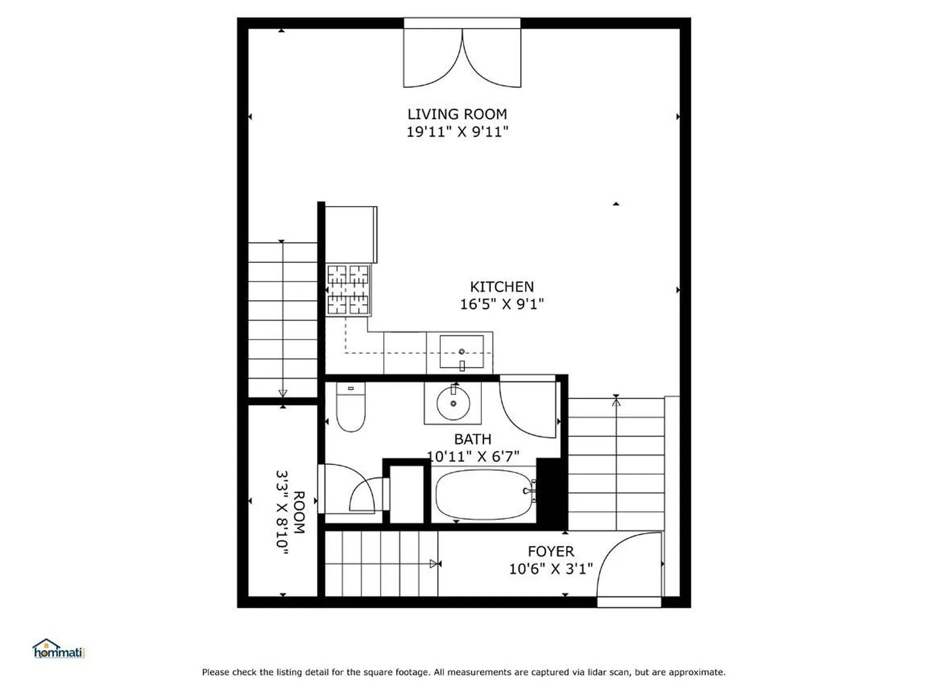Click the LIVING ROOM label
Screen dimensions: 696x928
click(457, 115)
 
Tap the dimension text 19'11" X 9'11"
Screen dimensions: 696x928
click(457, 132)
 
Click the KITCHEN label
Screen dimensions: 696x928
click(502, 287)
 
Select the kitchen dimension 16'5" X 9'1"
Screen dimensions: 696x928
click(502, 304)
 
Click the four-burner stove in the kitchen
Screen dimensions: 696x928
click(348, 290)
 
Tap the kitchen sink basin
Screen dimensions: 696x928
click(462, 351)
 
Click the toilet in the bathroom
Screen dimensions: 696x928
click(350, 408)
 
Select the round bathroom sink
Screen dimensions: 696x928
click(453, 404)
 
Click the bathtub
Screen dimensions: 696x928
click(483, 494)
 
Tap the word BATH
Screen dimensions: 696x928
click(472, 439)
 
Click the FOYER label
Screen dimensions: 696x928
click(551, 551)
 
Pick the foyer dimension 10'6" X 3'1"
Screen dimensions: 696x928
click(551, 569)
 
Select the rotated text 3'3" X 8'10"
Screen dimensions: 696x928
click(283, 512)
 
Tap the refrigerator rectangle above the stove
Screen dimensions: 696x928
click(351, 234)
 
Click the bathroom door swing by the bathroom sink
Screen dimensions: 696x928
click(527, 411)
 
